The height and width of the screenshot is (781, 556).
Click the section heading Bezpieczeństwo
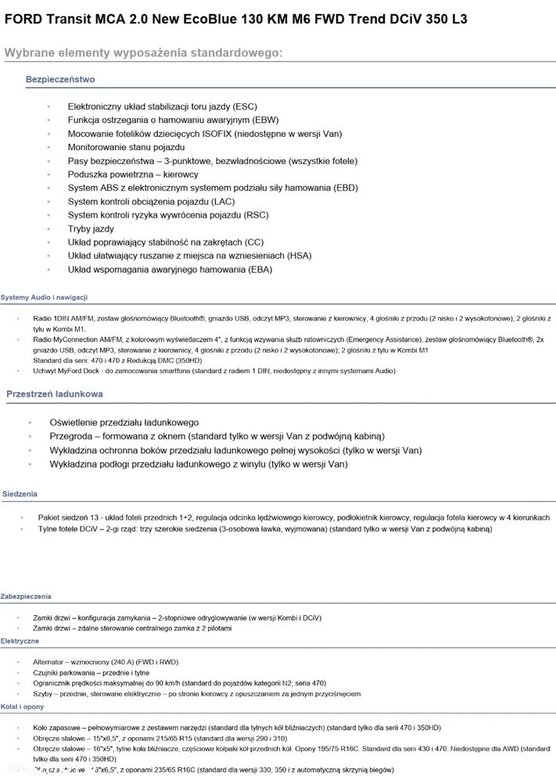pyautogui.click(x=60, y=80)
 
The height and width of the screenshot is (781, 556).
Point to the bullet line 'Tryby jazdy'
pyautogui.click(x=91, y=229)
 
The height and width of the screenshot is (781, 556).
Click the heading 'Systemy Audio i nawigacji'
pyautogui.click(x=44, y=297)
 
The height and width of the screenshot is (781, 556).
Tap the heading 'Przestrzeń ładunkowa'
pyautogui.click(x=55, y=395)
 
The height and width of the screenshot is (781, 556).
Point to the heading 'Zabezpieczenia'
pyautogui.click(x=26, y=596)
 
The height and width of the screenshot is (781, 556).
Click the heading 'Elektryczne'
pyautogui.click(x=20, y=640)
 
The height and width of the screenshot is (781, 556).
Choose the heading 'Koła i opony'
pyautogui.click(x=23, y=706)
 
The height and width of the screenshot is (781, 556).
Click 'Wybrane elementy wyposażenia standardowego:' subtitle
pyautogui.click(x=143, y=52)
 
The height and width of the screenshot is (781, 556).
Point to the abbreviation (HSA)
pyautogui.click(x=295, y=256)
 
